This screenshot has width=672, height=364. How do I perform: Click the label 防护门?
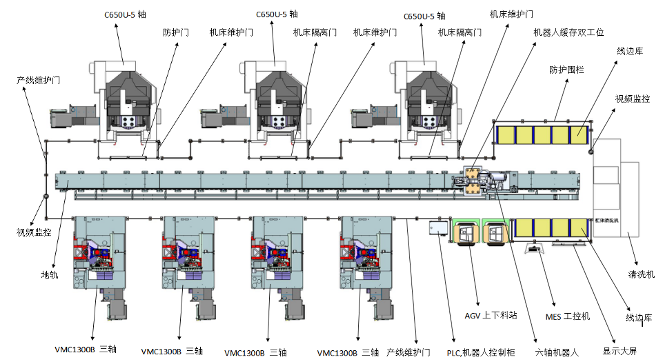[177, 32]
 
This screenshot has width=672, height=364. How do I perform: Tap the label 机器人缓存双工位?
[569, 32]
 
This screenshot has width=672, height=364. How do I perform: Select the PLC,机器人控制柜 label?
[481, 352]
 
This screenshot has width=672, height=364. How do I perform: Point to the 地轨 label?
[50, 274]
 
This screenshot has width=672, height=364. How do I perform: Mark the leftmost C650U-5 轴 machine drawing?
[124, 103]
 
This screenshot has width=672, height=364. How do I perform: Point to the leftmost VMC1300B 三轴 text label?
[86, 350]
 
